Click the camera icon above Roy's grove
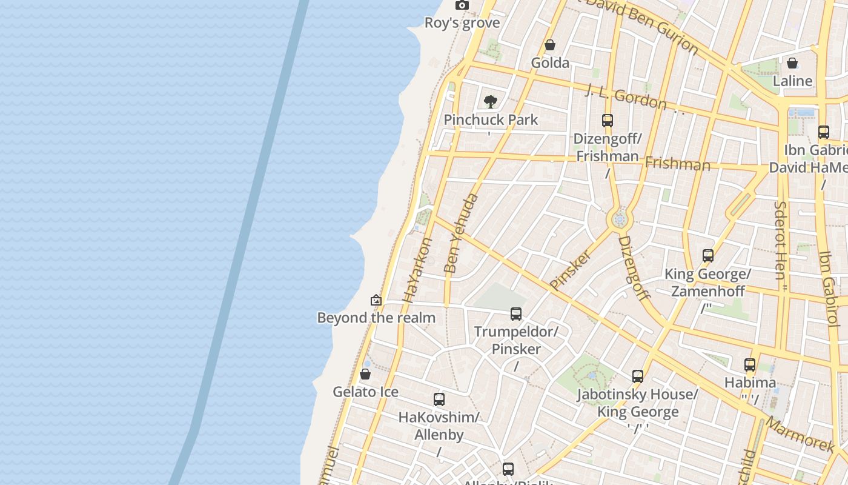pyautogui.click(x=462, y=5)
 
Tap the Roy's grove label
pyautogui.click(x=462, y=23)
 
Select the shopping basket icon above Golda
pyautogui.click(x=550, y=45)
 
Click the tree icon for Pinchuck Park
pyautogui.click(x=491, y=101)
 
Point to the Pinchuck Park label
pyautogui.click(x=491, y=119)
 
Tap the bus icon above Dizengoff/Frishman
pyautogui.click(x=608, y=121)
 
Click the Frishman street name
pyautogui.click(x=677, y=164)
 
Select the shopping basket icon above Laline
pyautogui.click(x=792, y=63)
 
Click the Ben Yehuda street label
pyautogui.click(x=461, y=233)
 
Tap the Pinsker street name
pyautogui.click(x=570, y=270)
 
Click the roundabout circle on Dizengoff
pyautogui.click(x=619, y=219)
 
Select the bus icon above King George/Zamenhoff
pyautogui.click(x=708, y=256)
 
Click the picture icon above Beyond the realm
pyautogui.click(x=376, y=300)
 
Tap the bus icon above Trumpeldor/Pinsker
pyautogui.click(x=516, y=314)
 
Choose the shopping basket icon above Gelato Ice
pyautogui.click(x=365, y=374)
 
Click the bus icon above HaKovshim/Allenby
pyautogui.click(x=439, y=400)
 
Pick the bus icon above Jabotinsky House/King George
pyautogui.click(x=638, y=376)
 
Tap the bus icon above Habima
pyautogui.click(x=750, y=365)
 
